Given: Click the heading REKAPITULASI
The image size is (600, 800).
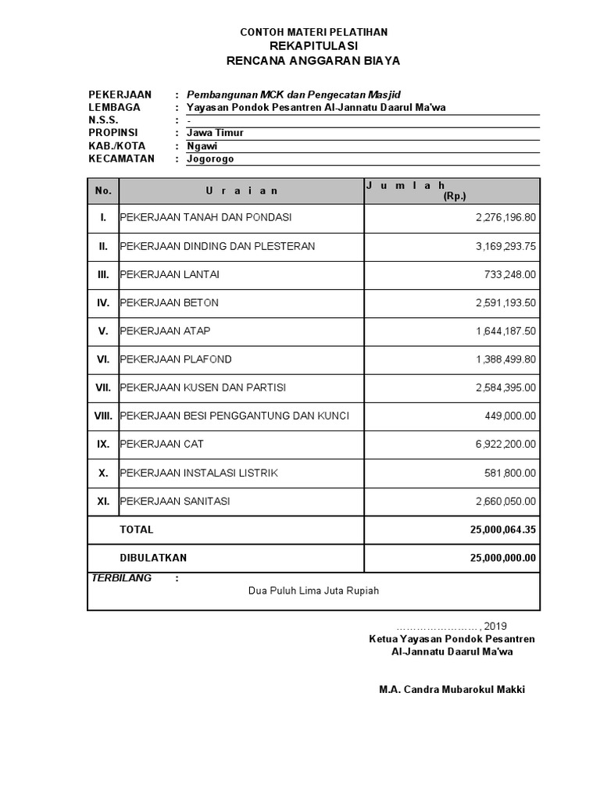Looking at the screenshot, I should pos(312,46).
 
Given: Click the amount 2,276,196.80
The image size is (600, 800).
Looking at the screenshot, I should pos(505,217).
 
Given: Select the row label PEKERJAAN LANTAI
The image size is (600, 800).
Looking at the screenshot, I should pos(170,274).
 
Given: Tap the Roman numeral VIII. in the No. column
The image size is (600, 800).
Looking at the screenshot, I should pos(103,416).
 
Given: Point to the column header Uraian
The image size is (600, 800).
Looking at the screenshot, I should pos(241,191).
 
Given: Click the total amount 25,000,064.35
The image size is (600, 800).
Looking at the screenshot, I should pos(503,530).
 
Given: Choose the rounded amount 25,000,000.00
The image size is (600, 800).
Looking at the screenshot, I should pos(503,558).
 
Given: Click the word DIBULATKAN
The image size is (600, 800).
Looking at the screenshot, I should pos(153,558).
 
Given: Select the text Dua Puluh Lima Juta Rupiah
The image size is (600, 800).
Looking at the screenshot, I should pos(313,591).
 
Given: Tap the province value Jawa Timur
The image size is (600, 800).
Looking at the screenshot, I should pos(215,133).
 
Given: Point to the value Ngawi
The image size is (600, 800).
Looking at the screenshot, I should pos(202,146).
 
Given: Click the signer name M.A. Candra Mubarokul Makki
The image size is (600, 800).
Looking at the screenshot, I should pos(452,690).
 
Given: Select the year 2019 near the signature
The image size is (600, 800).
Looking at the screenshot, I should pos(495,626).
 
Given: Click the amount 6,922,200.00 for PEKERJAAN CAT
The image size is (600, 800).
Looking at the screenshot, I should pos(505,445).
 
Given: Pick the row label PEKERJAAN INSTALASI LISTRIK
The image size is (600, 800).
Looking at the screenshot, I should pos(198,473).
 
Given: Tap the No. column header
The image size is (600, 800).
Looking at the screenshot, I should pos(103,191).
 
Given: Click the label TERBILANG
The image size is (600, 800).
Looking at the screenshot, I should pos(122,579).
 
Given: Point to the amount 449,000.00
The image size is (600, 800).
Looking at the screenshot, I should pos(510,416).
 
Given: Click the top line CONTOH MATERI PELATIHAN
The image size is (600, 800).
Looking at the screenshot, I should pos(312,32).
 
